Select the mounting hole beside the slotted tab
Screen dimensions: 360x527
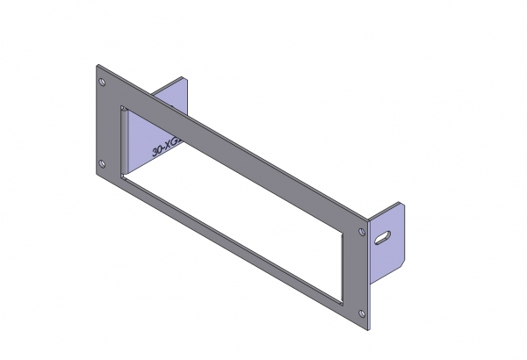362,231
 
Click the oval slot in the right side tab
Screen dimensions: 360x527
384,237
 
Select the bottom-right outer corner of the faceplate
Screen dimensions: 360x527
370,327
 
